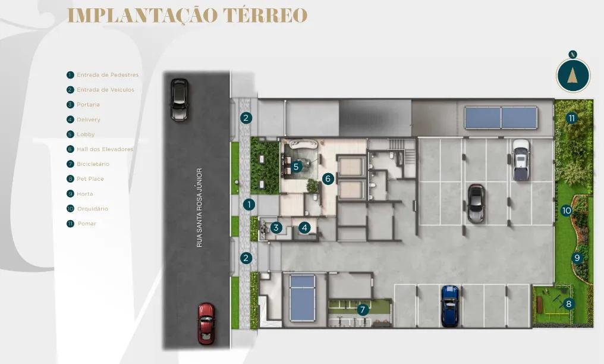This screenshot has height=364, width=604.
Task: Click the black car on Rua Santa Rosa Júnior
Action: (x=179, y=99)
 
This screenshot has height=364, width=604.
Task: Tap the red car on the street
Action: (x=206, y=323)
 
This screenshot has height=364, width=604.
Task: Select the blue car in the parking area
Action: (x=450, y=305)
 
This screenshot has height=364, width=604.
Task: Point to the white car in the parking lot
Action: (x=520, y=159)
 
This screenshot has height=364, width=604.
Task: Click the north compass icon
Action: (x=573, y=75)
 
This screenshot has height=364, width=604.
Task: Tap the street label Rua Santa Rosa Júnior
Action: (x=200, y=206)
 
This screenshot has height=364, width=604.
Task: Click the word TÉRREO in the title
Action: (x=265, y=15)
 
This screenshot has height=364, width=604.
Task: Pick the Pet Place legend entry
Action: (x=90, y=179)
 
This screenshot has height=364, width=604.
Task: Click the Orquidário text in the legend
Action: (x=92, y=209)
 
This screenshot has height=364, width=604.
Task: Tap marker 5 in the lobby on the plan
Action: (x=296, y=167)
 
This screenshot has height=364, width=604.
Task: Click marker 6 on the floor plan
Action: (x=328, y=178)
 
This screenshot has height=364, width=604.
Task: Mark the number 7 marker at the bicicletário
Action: (x=363, y=309)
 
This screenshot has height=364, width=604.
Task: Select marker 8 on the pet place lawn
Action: (x=569, y=304)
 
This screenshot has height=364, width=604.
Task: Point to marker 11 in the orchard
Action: (x=571, y=118)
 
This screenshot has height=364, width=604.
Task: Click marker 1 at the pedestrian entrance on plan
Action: (x=249, y=204)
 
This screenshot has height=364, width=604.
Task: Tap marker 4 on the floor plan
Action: (x=304, y=227)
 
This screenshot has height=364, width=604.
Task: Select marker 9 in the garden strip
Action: (x=577, y=258)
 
